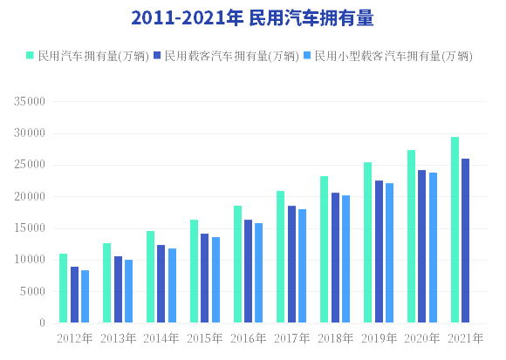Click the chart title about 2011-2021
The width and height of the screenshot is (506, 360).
252,17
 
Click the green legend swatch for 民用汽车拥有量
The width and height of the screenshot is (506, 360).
30,55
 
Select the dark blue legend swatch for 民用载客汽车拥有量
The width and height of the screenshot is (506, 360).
157,55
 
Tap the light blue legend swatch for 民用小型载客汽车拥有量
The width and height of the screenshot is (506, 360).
307,55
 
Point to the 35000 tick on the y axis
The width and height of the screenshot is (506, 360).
30,101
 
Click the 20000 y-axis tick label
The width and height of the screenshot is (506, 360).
30,196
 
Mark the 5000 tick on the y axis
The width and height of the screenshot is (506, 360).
32,291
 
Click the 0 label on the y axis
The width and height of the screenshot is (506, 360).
42,323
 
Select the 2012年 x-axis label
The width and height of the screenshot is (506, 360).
74,338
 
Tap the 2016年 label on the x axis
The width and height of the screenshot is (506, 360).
248,338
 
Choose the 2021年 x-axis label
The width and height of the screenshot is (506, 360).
465,338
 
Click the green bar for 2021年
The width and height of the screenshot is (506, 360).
455,230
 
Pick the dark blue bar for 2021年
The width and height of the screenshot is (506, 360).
465,241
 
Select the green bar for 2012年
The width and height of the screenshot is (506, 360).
63,289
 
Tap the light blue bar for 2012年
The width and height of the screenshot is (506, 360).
85,296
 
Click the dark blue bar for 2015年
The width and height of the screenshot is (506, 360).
205,278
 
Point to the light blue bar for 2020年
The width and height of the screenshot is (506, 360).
433,248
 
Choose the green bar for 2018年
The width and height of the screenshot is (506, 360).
324,249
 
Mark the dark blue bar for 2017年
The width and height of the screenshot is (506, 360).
291,264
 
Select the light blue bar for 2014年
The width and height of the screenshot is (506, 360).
173,286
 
